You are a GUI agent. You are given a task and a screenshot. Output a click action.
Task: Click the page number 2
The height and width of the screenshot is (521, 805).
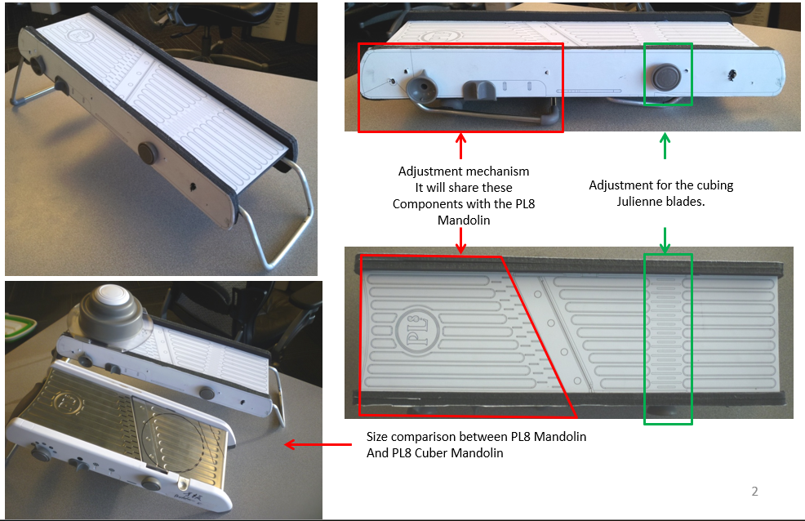[x=754, y=492]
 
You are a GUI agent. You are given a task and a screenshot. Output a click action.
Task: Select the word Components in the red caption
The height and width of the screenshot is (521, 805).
[x=425, y=204]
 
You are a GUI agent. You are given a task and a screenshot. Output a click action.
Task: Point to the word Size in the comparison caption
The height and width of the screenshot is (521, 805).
[x=378, y=437]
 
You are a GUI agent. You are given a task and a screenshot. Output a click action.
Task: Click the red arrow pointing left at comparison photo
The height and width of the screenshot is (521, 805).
[x=318, y=444]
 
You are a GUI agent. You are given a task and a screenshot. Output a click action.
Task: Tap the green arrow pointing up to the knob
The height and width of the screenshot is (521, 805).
[x=665, y=146]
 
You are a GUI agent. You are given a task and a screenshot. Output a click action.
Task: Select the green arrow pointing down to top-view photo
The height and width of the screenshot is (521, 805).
[x=665, y=240]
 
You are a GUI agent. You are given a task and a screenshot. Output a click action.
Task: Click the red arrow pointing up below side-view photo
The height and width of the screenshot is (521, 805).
[x=461, y=146]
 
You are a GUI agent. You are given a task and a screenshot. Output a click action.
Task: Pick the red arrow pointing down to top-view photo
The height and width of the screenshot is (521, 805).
[x=461, y=240]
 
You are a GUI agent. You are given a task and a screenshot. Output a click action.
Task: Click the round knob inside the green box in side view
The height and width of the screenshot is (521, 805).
[x=666, y=77]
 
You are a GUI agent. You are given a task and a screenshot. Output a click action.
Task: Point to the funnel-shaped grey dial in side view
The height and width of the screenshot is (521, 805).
[x=421, y=85]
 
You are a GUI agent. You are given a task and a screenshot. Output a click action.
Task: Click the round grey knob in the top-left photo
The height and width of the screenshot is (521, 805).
[x=148, y=154]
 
